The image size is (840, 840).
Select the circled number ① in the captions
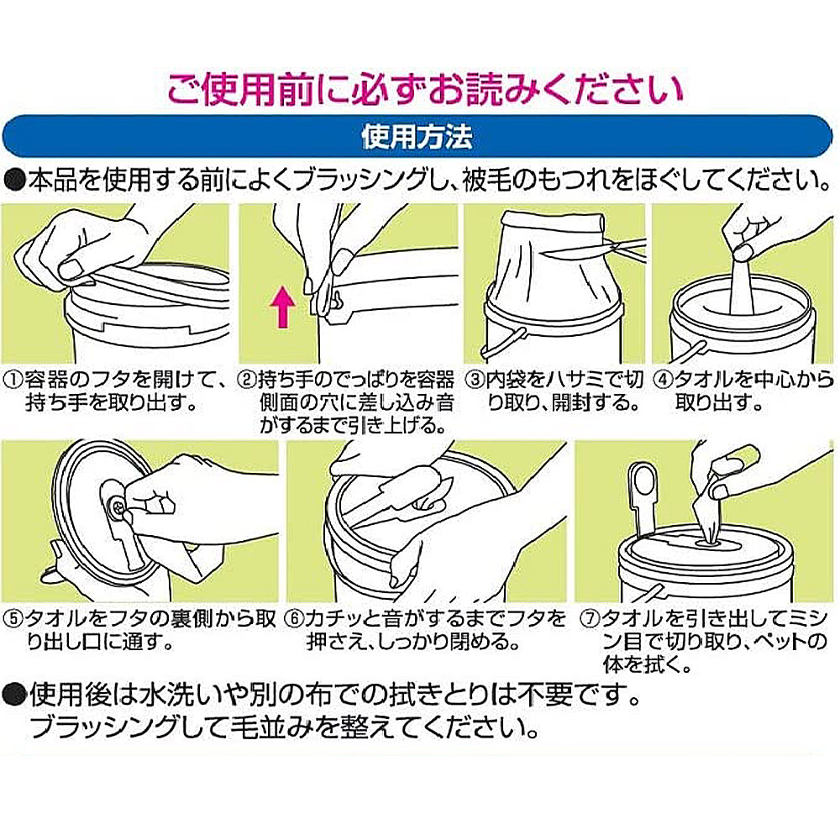click(12, 381)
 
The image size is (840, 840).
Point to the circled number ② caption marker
click(246, 381)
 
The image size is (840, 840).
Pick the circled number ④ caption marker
click(663, 381)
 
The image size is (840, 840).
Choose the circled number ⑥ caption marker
click(297, 621)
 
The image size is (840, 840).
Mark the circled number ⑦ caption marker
click(587, 621)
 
